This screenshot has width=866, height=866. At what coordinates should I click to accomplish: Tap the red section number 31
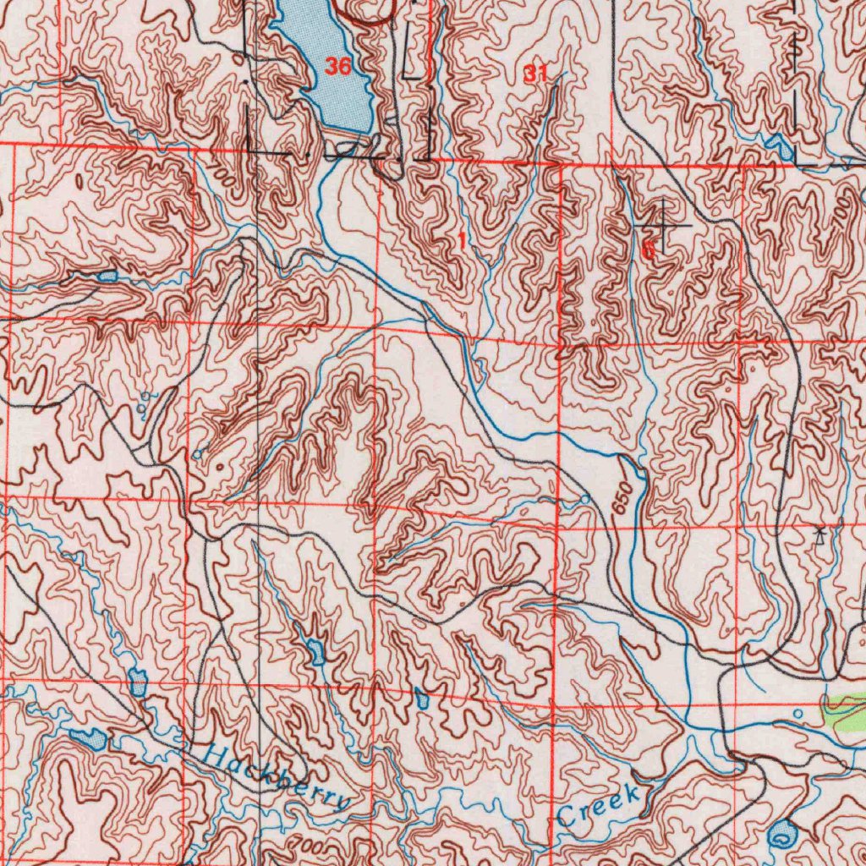(534, 74)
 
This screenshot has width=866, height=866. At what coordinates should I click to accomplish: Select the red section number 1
(462, 242)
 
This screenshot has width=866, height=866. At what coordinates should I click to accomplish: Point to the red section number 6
(648, 250)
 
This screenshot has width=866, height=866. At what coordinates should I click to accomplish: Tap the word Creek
(598, 807)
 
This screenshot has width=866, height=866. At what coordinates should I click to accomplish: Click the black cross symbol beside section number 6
(661, 226)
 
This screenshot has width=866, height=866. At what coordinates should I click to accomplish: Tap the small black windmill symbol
(819, 534)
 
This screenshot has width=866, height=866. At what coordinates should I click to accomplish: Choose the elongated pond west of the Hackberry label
(88, 739)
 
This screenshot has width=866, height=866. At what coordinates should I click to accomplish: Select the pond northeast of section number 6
(779, 146)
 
